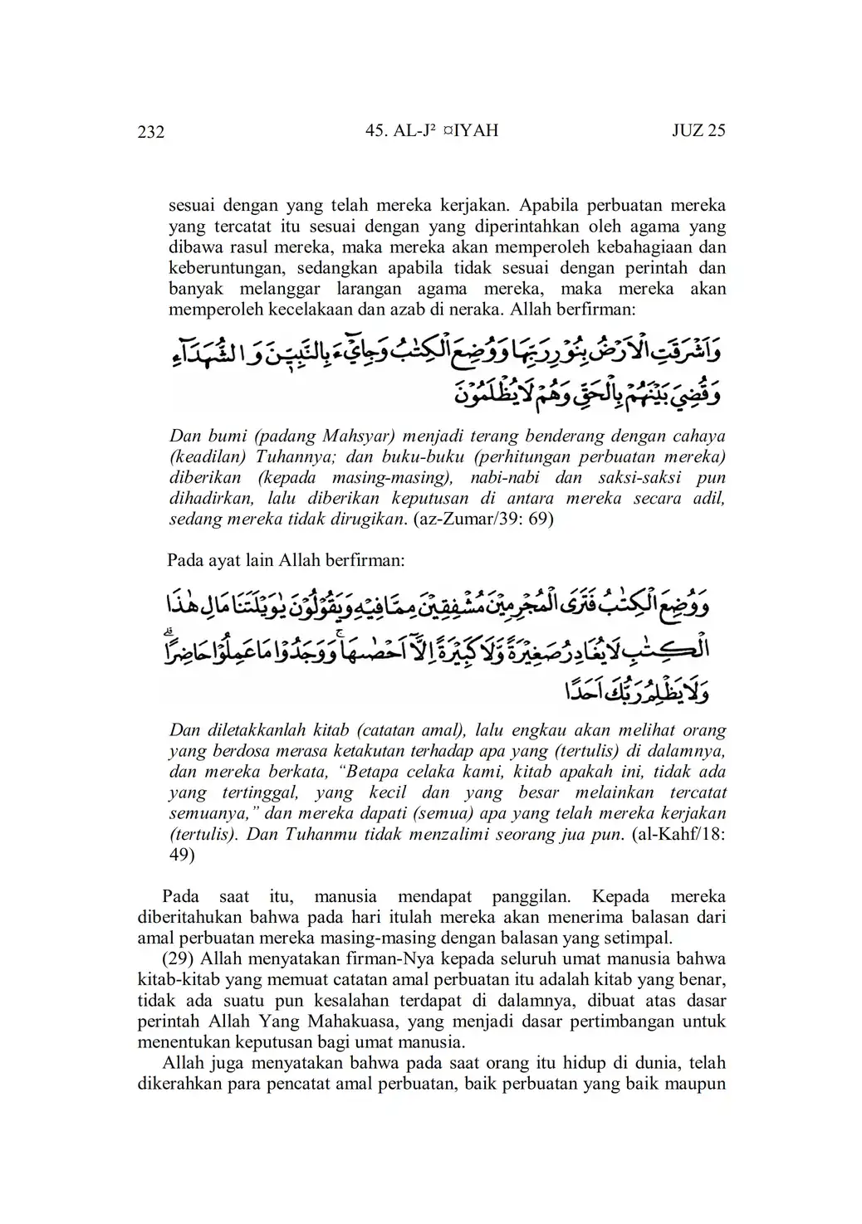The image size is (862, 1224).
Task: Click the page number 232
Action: [x=151, y=132]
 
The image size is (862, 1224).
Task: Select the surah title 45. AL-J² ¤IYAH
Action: [x=432, y=130]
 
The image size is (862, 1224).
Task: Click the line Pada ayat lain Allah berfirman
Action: [x=286, y=560]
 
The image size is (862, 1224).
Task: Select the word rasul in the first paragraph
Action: [x=252, y=246]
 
